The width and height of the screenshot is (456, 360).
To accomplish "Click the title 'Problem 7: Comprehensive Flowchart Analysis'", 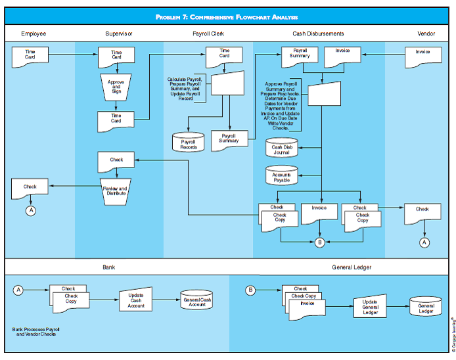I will pyautogui.click(x=227, y=17).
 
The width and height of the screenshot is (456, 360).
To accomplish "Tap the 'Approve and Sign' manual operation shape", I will pyautogui.click(x=116, y=87).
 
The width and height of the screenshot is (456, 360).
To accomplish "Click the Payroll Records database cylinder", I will pyautogui.click(x=189, y=143).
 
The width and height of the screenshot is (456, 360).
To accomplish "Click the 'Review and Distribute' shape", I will pyautogui.click(x=115, y=190).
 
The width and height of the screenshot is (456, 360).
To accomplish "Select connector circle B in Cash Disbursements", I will pyautogui.click(x=319, y=242).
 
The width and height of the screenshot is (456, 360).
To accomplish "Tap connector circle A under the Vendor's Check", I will pyautogui.click(x=424, y=242).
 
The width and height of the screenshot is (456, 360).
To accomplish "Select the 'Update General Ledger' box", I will pyautogui.click(x=370, y=306).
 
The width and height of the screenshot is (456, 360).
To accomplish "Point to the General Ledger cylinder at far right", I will pyautogui.click(x=426, y=307).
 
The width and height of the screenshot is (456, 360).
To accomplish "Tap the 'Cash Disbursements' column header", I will pyautogui.click(x=318, y=34).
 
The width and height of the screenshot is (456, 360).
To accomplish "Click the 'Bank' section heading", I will pyautogui.click(x=108, y=268).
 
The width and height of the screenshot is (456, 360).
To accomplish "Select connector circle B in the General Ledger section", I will pyautogui.click(x=250, y=290).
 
